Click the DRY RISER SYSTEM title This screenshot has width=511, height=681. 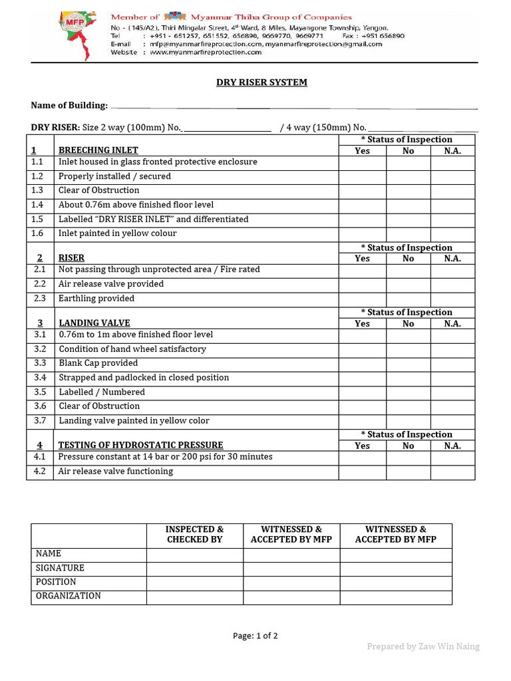[261, 82]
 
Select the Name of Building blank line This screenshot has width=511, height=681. [293, 106]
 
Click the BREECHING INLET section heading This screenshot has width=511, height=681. [98, 150]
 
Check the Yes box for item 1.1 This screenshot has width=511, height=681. [362, 162]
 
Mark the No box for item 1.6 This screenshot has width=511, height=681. [408, 234]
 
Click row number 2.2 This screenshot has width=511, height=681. [39, 284]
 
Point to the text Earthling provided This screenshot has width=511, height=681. [96, 299]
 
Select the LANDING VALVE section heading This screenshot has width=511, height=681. [94, 323]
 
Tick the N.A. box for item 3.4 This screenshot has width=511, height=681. [452, 378]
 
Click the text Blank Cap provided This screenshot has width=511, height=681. [98, 363]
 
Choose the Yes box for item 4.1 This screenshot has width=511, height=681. [362, 458]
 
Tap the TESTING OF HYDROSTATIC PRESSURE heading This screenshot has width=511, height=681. [141, 446]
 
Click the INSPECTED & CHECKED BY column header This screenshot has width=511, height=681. [194, 535]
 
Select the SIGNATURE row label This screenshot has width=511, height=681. [60, 569]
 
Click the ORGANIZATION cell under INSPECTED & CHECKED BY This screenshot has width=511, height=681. [194, 597]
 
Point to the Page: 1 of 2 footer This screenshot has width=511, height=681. [255, 636]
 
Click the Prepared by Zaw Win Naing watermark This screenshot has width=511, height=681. [423, 646]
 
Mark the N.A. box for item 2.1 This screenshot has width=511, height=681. [452, 270]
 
